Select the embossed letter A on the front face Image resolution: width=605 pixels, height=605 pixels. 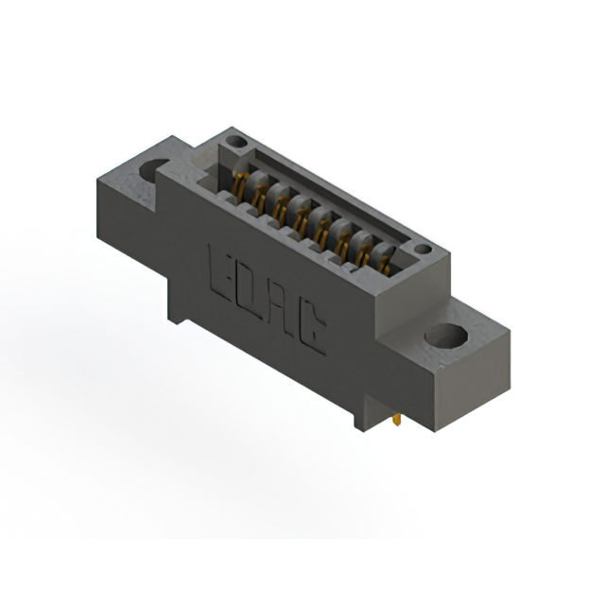pyautogui.click(x=282, y=316)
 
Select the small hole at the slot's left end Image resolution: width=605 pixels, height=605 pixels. pyautogui.click(x=237, y=143)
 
